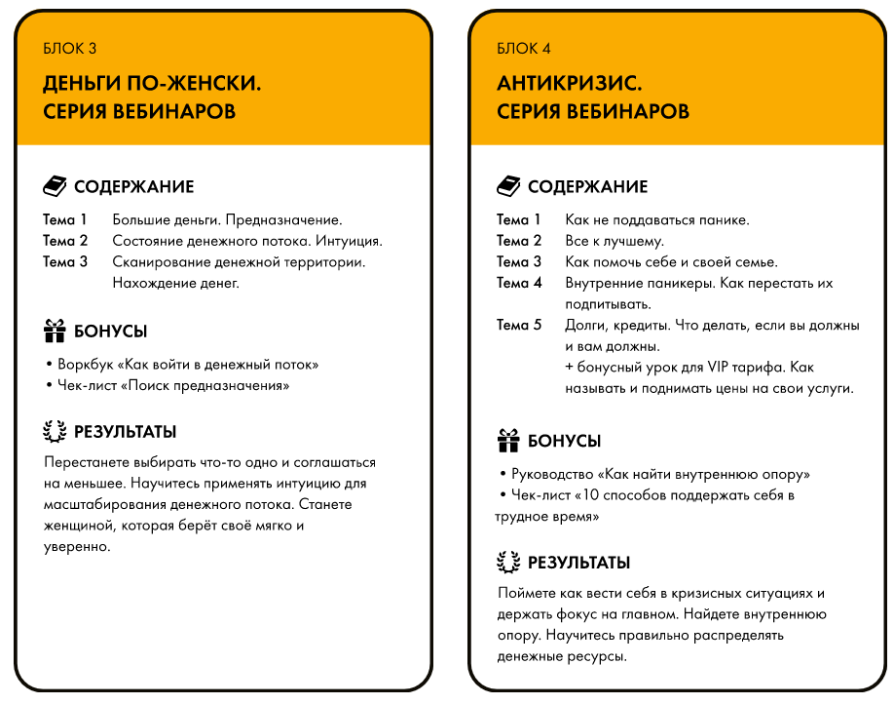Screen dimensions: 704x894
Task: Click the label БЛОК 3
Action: tap(70, 49)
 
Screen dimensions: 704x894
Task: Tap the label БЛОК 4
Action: tap(524, 49)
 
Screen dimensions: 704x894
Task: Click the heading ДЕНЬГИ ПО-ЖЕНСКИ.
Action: tap(152, 84)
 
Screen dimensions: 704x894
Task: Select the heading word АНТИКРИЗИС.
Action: tap(569, 84)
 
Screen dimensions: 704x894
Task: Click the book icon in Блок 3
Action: tap(56, 186)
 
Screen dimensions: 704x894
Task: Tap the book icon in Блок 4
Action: tap(508, 186)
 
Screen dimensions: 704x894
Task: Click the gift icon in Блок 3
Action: tap(56, 331)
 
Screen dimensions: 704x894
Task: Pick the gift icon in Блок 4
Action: tap(508, 441)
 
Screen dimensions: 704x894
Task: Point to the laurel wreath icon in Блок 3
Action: tap(56, 431)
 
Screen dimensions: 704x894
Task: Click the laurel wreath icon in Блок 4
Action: tap(508, 562)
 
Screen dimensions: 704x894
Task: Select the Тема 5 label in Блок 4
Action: tap(519, 326)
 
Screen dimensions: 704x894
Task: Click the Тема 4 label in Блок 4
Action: tap(519, 283)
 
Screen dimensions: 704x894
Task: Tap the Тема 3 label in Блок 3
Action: tap(65, 261)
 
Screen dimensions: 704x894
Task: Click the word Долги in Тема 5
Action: tap(585, 326)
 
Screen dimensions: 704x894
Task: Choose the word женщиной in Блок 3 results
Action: tap(80, 526)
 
